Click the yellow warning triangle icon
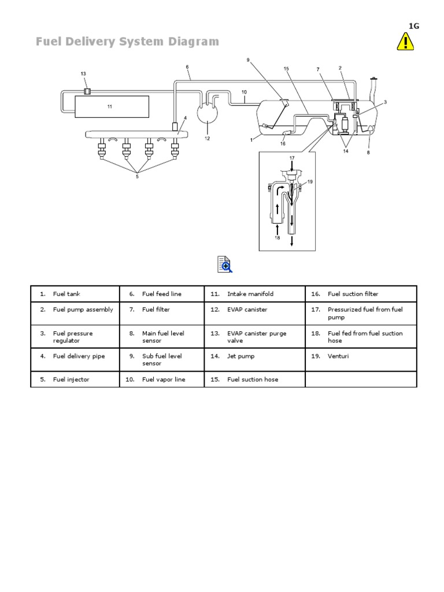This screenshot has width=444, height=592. [405, 42]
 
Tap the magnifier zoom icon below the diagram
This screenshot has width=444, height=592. [224, 264]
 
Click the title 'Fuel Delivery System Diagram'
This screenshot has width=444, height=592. [127, 42]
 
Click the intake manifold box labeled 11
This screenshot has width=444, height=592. [110, 107]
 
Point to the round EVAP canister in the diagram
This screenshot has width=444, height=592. [206, 112]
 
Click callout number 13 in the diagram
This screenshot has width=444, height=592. [83, 74]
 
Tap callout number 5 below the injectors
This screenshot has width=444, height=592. [137, 177]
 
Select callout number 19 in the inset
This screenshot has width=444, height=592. [309, 182]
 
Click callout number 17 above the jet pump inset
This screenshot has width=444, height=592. [292, 158]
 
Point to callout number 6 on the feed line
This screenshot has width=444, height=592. [187, 67]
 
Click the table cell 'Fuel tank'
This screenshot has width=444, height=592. [66, 294]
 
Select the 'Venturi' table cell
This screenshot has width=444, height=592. [338, 356]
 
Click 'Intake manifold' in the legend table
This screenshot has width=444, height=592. [250, 294]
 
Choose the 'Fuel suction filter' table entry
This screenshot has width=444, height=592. [353, 294]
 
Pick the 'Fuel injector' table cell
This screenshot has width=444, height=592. [71, 380]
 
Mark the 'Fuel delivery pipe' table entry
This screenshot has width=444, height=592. [79, 356]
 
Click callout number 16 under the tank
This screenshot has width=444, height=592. [283, 143]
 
